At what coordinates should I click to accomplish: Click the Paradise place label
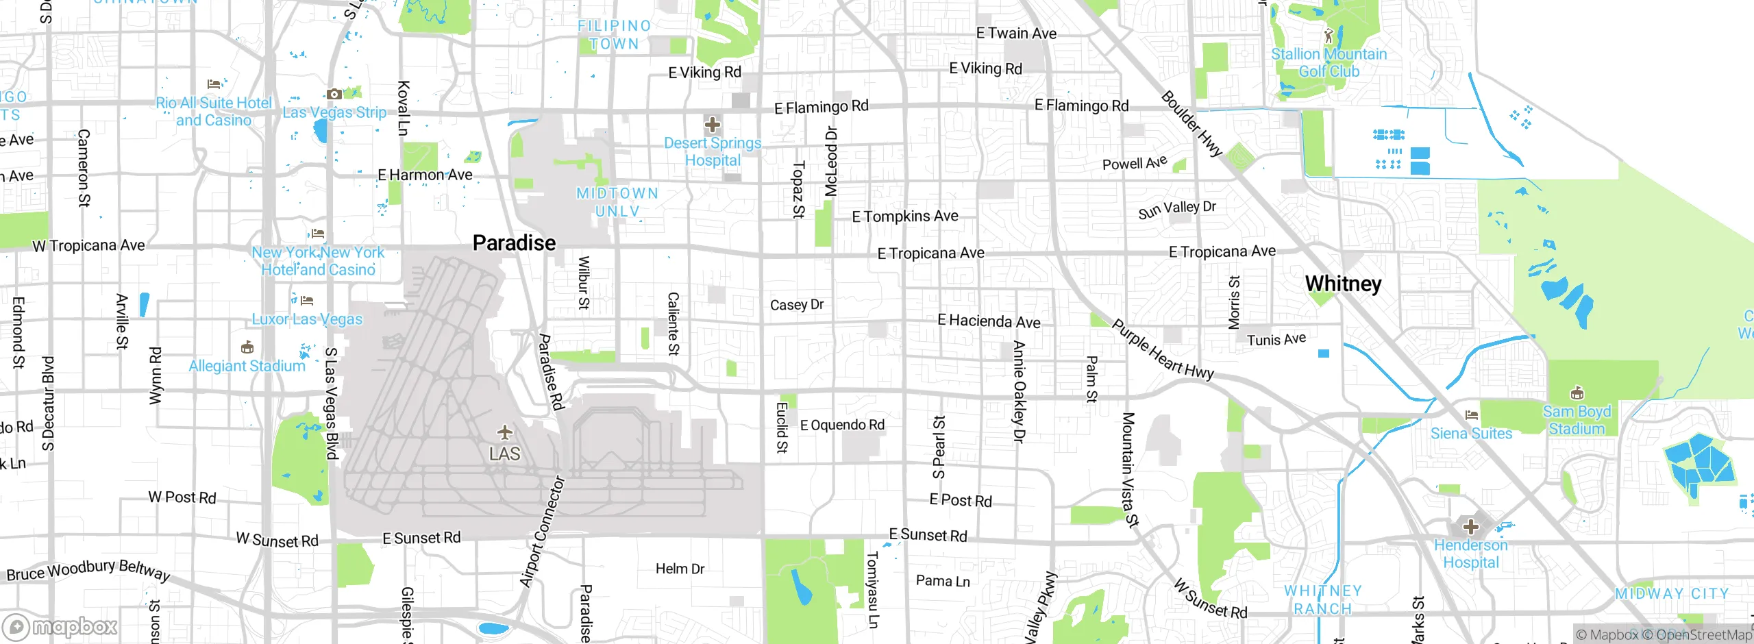514,243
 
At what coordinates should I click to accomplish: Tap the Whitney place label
1343,284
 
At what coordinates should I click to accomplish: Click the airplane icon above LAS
505,432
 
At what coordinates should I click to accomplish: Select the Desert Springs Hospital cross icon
713,125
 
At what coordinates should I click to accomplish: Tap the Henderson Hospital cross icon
1470,527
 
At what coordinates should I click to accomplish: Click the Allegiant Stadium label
247,366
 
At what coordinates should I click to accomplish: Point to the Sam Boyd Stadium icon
1577,393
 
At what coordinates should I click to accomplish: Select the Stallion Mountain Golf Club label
1329,62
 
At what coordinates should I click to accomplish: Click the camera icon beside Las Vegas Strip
334,94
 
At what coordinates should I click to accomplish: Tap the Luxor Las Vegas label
307,319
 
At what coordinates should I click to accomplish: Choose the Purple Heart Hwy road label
1162,350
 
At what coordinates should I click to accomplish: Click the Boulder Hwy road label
1191,124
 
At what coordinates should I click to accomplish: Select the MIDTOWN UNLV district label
617,202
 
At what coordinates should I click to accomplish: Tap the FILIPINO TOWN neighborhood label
614,35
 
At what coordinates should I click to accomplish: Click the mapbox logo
60,626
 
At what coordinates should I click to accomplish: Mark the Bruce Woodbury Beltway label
88,570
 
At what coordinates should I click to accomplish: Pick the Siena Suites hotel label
1471,434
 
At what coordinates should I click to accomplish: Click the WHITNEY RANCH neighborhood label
1322,599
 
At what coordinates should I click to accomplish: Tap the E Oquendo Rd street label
842,425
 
